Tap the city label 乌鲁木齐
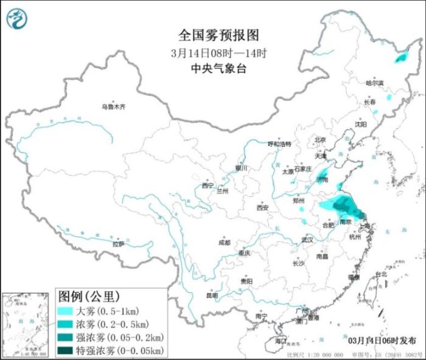[x=113, y=107]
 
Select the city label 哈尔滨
[x=375, y=83]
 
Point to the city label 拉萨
[x=118, y=244]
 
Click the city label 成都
[x=225, y=242]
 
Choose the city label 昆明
[x=212, y=296]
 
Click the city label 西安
[x=262, y=207]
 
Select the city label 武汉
[x=307, y=240]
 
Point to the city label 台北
[x=381, y=274]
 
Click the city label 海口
[x=281, y=341]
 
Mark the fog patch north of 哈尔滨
[x=400, y=58]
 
